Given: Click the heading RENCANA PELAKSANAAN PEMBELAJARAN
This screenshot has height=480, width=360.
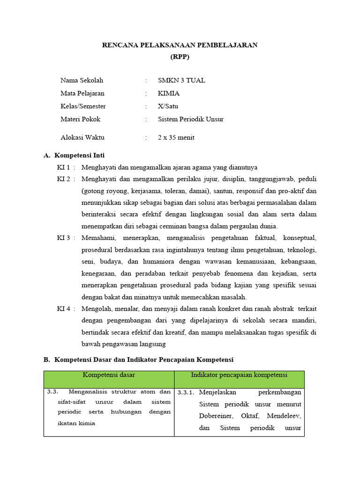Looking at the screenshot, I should tap(180, 45).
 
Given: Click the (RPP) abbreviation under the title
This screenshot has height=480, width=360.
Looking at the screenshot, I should tap(180, 57).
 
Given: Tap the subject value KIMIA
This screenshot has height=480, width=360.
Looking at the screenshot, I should tap(169, 93).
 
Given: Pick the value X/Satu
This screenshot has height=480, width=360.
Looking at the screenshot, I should tap(168, 106).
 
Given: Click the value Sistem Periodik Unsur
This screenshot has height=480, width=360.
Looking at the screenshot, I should tap(191, 119).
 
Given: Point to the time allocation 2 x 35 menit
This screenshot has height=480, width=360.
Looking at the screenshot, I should tap(176, 137).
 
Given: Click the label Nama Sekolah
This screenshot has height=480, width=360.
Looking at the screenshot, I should tap(82, 81).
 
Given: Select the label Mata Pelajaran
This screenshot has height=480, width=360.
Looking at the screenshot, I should tap(82, 93).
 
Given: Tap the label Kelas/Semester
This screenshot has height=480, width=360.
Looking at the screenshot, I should tap(83, 106).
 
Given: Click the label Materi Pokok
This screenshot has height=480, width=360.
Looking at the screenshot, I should tap(80, 119).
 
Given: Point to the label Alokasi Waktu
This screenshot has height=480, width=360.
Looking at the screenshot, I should tap(82, 137).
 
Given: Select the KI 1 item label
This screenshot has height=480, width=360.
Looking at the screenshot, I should tap(64, 167).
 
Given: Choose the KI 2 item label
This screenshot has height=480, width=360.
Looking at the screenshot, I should tap(64, 179).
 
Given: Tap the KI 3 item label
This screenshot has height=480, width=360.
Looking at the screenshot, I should tap(64, 238).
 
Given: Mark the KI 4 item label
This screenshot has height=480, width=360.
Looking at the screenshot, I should tap(64, 309).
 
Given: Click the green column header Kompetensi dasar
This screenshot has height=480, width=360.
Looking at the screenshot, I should tap(109, 375).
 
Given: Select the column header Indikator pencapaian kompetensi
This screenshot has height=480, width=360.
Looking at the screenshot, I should tap(239, 375).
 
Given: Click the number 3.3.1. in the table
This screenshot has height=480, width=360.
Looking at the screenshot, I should tap(186, 392).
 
